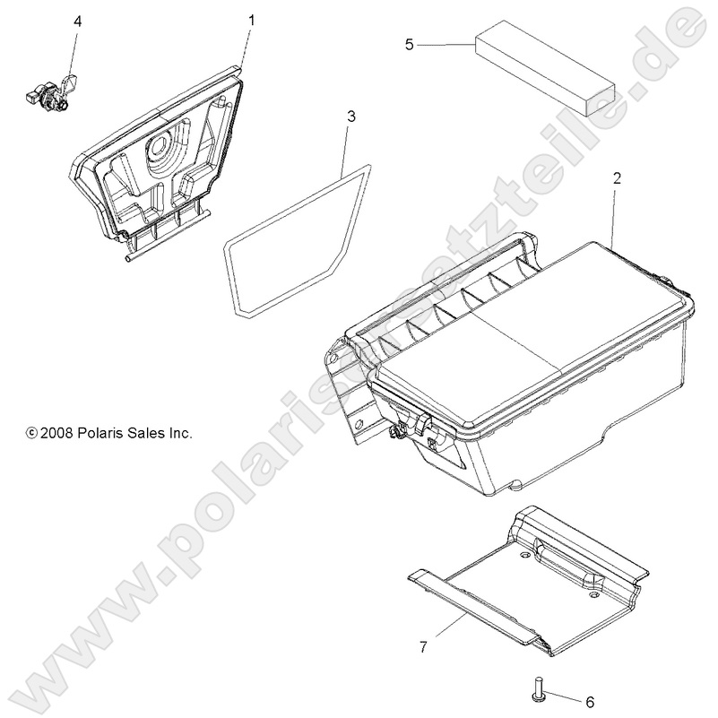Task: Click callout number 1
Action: click(x=251, y=19)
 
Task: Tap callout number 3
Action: click(x=350, y=116)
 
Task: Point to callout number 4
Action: click(x=77, y=21)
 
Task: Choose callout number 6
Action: click(x=589, y=701)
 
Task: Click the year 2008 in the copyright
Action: click(x=56, y=433)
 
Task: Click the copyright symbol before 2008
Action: click(x=31, y=434)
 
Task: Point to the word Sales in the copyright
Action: click(x=148, y=433)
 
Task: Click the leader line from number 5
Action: click(x=446, y=43)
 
